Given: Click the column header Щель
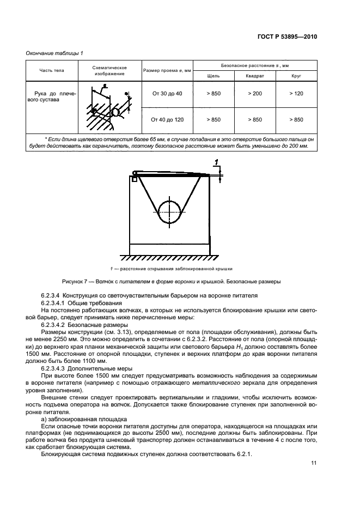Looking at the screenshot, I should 213,76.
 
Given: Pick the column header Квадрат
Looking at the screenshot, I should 255,76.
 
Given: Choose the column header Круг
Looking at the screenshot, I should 296,76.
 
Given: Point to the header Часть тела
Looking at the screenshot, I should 52,71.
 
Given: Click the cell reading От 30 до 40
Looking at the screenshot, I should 167,94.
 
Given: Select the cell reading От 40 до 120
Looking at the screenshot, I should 167,119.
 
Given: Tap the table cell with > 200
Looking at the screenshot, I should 255,94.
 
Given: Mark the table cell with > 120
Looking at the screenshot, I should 296,94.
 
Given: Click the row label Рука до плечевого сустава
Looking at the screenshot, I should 52,97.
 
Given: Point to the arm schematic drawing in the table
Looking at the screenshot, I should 109,107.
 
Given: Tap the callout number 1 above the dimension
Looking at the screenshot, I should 216,162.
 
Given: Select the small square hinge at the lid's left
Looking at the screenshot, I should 134,178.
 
